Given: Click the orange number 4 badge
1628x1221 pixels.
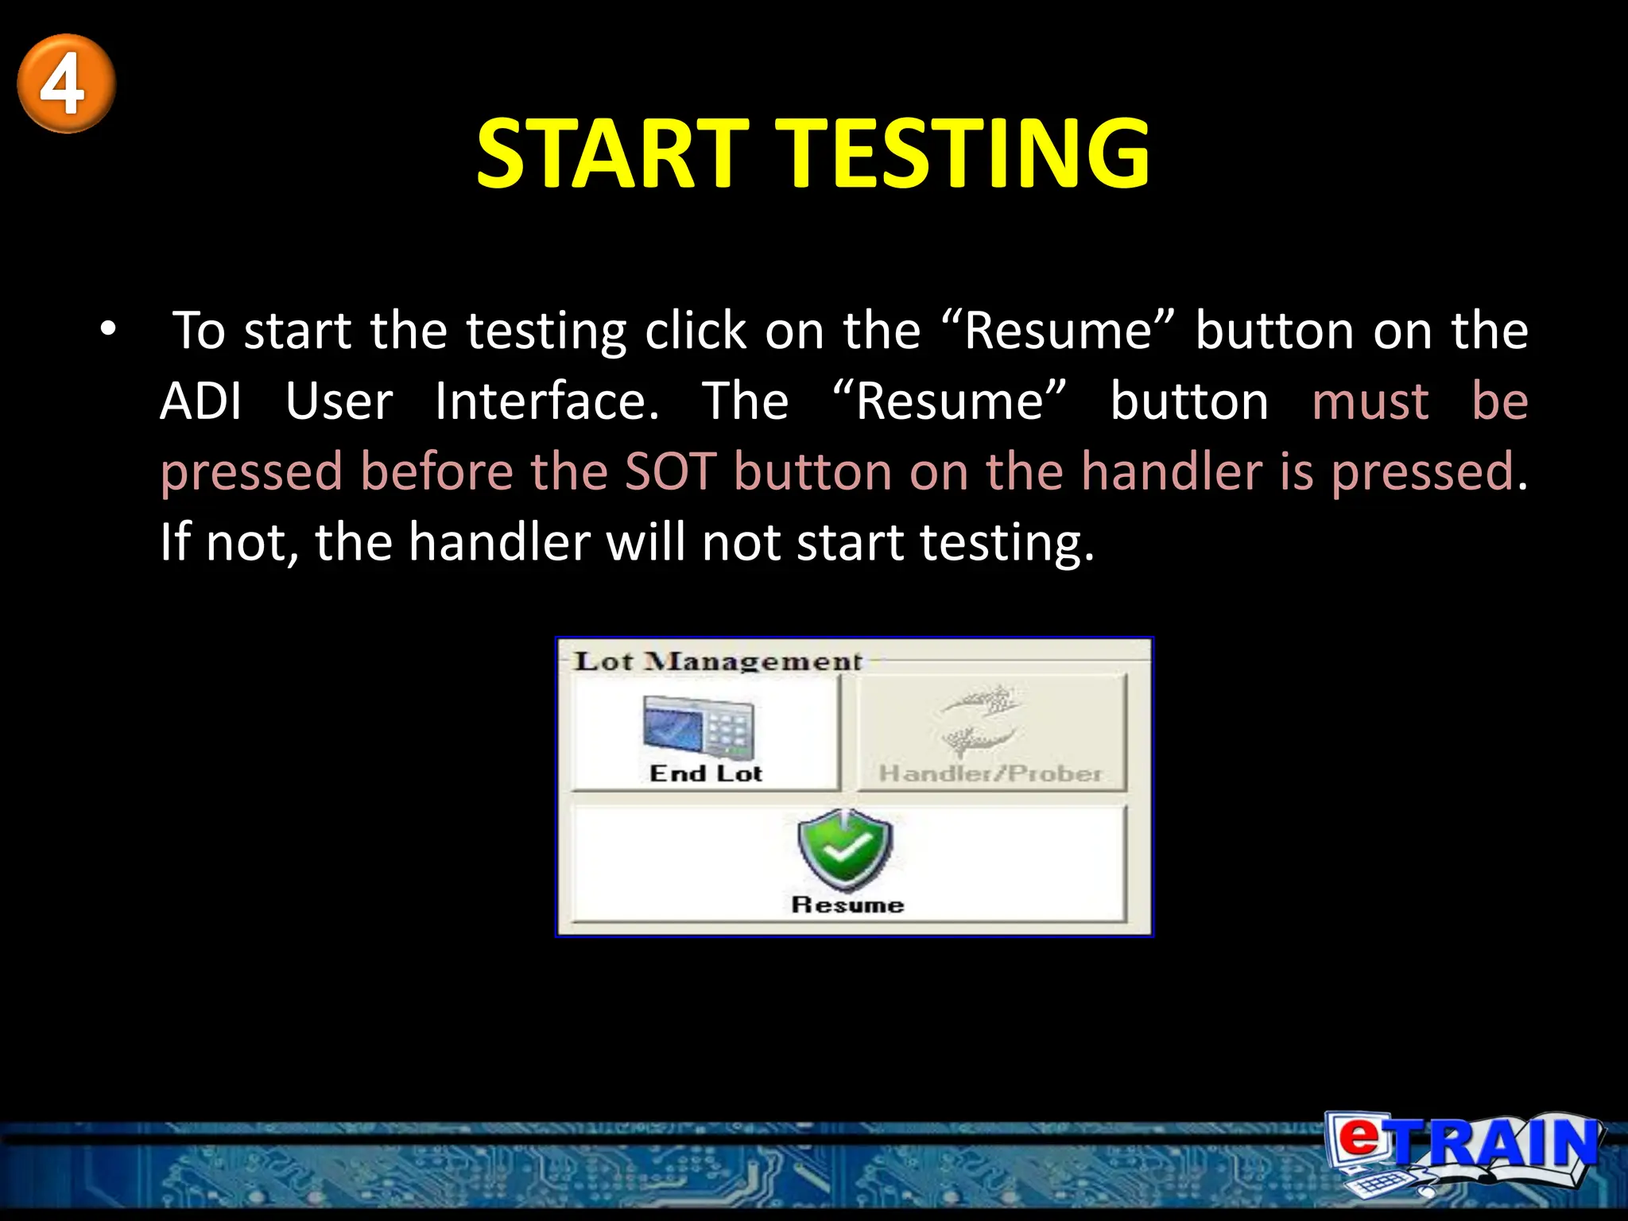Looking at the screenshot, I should (66, 83).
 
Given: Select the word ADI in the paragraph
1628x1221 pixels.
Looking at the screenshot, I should (200, 401).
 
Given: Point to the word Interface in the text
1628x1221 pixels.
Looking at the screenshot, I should (546, 401).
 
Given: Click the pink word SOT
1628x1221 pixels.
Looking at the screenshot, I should (670, 471).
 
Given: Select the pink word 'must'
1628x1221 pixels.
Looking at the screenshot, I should (1370, 401).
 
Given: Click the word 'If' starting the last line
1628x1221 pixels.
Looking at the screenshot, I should (175, 542).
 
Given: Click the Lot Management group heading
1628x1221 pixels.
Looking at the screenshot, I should (718, 661).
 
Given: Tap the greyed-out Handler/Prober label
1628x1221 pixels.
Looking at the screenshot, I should (990, 773).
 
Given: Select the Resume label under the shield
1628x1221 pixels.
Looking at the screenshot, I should (847, 905).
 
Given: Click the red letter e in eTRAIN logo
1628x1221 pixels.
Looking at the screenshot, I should (1360, 1137).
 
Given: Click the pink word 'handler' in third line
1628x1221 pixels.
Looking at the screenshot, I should (1171, 471).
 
